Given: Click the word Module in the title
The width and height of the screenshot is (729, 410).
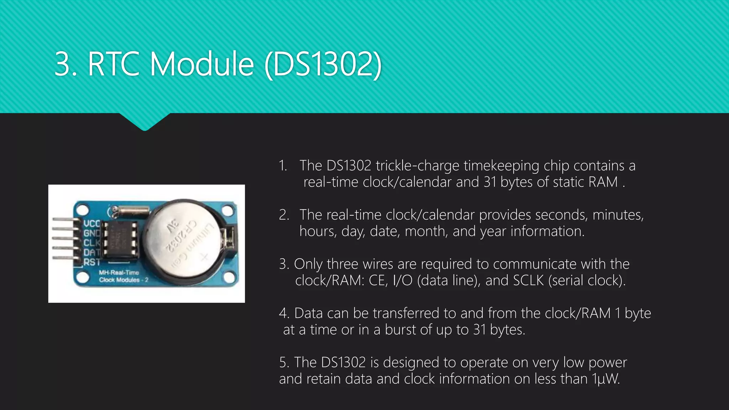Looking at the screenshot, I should tap(202, 64).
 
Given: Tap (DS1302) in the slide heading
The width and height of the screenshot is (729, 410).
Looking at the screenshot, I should tap(323, 64).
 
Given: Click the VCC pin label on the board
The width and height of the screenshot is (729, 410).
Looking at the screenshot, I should tap(91, 224).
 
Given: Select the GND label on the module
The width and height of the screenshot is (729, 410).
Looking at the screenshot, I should tap(91, 233).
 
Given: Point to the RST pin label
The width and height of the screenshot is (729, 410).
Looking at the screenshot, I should tap(91, 262).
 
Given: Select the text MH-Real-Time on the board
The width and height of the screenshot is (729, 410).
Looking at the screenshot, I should tap(119, 273).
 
